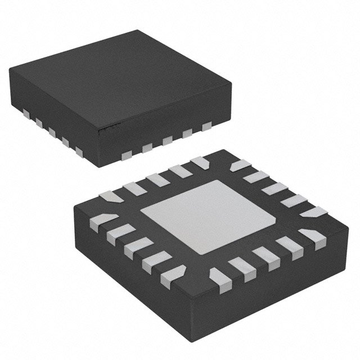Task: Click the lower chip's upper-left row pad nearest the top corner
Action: [198, 163]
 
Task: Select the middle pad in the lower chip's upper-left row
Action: [155, 179]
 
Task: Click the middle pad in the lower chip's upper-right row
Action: [276, 188]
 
